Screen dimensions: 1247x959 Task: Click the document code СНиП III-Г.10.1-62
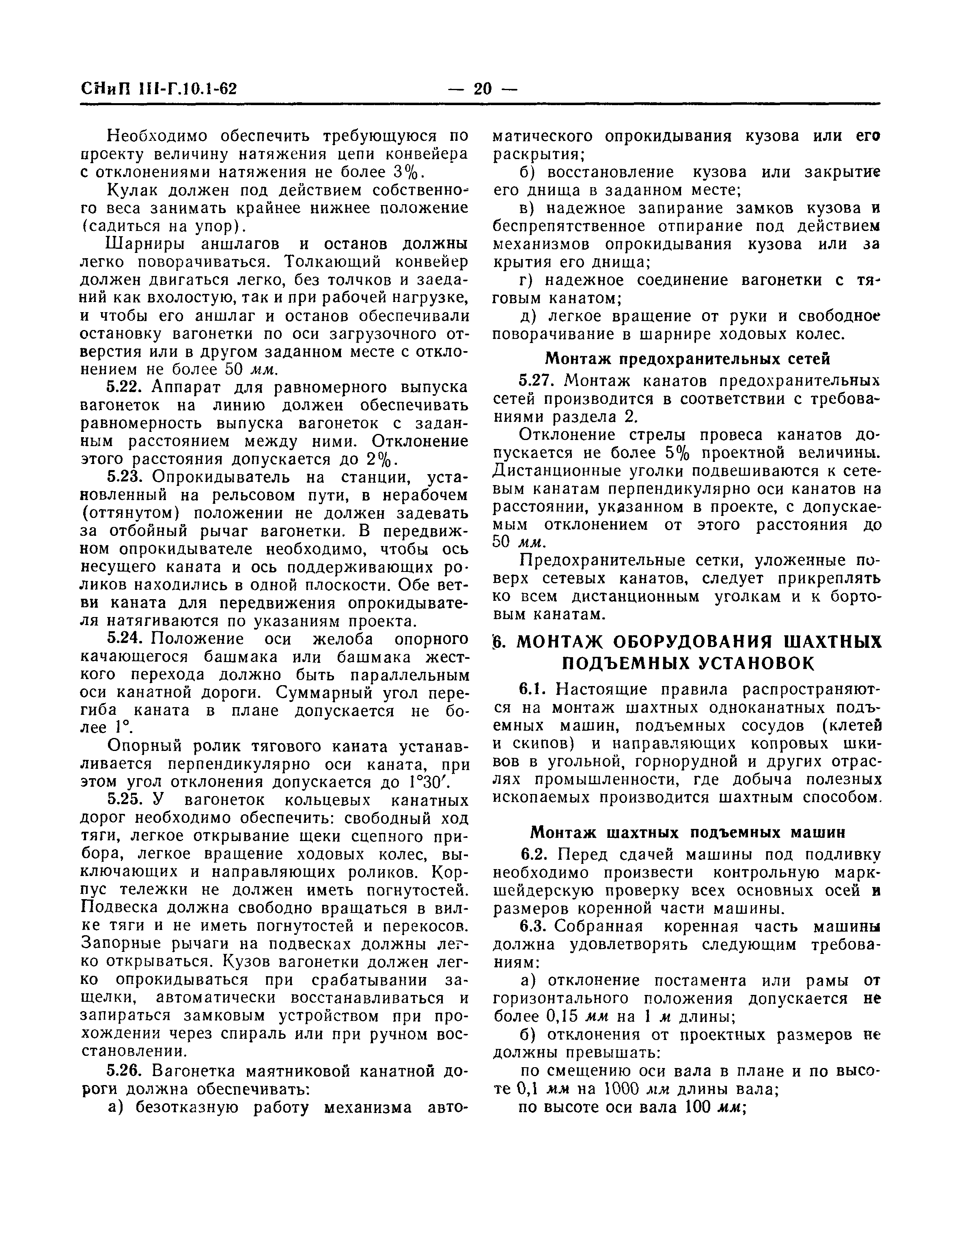159,90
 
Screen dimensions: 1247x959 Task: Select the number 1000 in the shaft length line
613,1089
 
